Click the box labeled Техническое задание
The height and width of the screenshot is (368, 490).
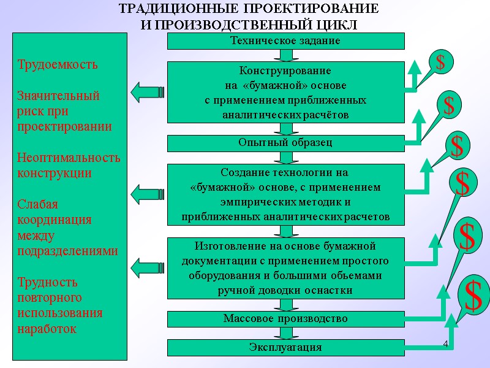[x=285, y=41]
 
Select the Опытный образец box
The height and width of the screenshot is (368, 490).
[x=285, y=143]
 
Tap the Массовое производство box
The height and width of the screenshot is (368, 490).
[x=285, y=319]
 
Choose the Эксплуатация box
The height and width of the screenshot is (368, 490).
[x=285, y=348]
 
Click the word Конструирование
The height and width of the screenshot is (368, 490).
[x=285, y=71]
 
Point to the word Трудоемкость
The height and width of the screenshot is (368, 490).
[x=57, y=64]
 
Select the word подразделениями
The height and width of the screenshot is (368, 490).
[x=67, y=251]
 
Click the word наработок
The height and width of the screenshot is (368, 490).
[x=47, y=329]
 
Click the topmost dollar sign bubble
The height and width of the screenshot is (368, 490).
[x=440, y=61]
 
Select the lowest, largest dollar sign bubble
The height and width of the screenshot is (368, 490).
[x=472, y=296]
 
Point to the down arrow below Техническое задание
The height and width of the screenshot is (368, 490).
[x=285, y=55]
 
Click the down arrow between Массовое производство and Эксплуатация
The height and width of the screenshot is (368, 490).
[x=285, y=334]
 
